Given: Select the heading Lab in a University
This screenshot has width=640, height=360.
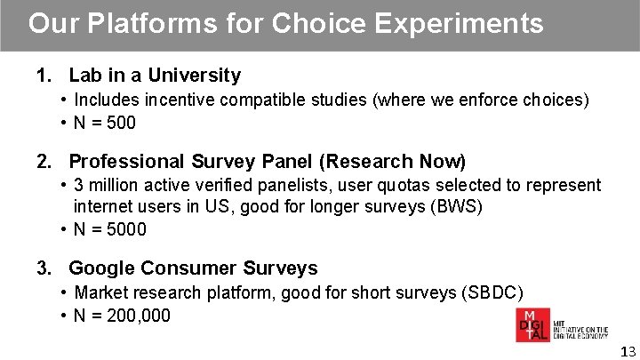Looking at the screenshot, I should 155,76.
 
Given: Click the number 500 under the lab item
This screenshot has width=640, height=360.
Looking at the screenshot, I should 120,124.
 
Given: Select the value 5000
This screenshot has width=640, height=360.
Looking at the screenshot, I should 124,230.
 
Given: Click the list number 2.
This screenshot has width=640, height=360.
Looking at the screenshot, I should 43,162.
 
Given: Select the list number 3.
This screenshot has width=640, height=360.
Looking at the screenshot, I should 43,268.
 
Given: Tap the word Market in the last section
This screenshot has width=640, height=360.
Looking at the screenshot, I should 101,292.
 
